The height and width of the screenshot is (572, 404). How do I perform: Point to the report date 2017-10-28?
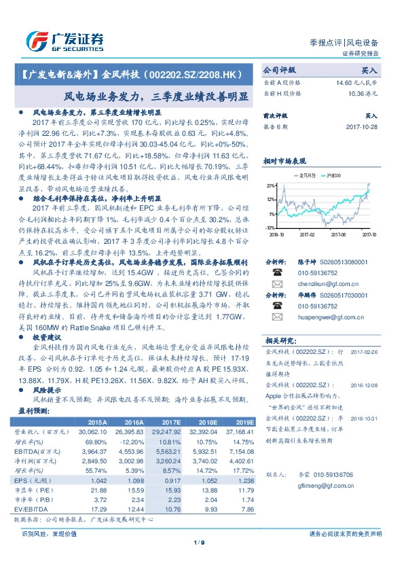pyautogui.click(x=362, y=126)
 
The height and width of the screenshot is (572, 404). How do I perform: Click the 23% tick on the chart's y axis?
pyautogui.click(x=270, y=185)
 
